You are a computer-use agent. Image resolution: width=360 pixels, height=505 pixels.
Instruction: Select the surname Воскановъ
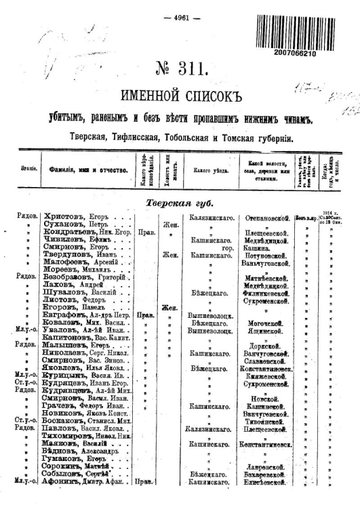(66, 420)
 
